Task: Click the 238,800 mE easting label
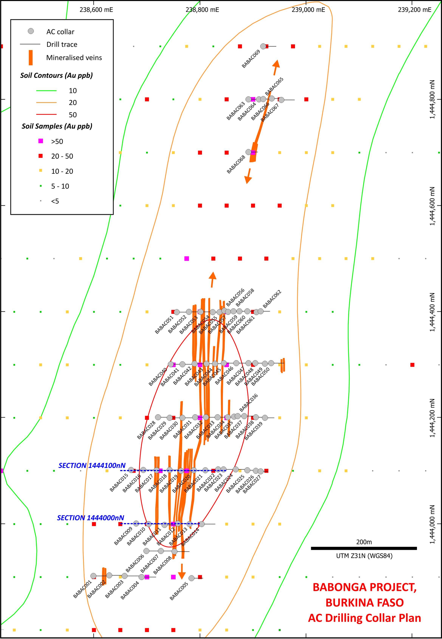[202, 10]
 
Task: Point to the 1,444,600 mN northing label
[432, 206]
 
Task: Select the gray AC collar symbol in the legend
[31, 31]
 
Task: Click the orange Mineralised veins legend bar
[31, 58]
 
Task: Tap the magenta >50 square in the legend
[40, 141]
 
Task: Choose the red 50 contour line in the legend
[46, 114]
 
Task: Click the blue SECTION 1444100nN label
[92, 465]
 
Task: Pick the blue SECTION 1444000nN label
[91, 518]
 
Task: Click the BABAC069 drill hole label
[251, 59]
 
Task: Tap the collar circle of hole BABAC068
[248, 152]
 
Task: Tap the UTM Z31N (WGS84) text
[364, 556]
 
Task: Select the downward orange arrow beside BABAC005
[181, 571]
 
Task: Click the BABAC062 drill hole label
[272, 299]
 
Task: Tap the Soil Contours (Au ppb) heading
[57, 75]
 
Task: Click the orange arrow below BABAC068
[248, 176]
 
